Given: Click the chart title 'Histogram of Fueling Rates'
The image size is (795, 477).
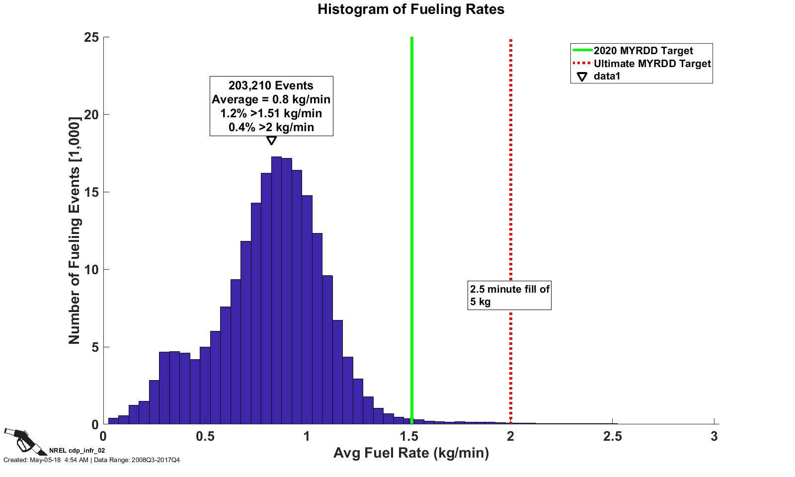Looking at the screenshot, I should pos(411,9).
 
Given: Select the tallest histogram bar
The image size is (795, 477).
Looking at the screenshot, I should pos(276,291).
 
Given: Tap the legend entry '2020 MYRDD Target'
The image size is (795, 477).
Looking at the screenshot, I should pos(643,51).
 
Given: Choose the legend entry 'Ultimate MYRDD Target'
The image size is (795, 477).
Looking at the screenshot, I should pos(652,64).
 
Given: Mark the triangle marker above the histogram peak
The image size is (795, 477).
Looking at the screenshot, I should pos(271,141).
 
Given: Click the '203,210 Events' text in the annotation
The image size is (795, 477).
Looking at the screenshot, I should pos(271,85).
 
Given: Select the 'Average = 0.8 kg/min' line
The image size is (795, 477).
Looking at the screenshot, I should pos(271,99).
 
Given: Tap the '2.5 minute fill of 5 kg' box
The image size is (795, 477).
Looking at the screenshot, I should pos(509,295).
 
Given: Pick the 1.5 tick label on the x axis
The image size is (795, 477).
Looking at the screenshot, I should pos(409,436).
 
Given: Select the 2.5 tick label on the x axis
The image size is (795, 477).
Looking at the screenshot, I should pos(612,436).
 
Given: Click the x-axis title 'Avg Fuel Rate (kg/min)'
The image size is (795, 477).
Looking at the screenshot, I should pos(411,453).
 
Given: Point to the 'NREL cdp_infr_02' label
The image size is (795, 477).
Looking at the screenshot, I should pos(77,451).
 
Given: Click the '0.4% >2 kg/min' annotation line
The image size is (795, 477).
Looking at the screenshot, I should pos(271,127).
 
